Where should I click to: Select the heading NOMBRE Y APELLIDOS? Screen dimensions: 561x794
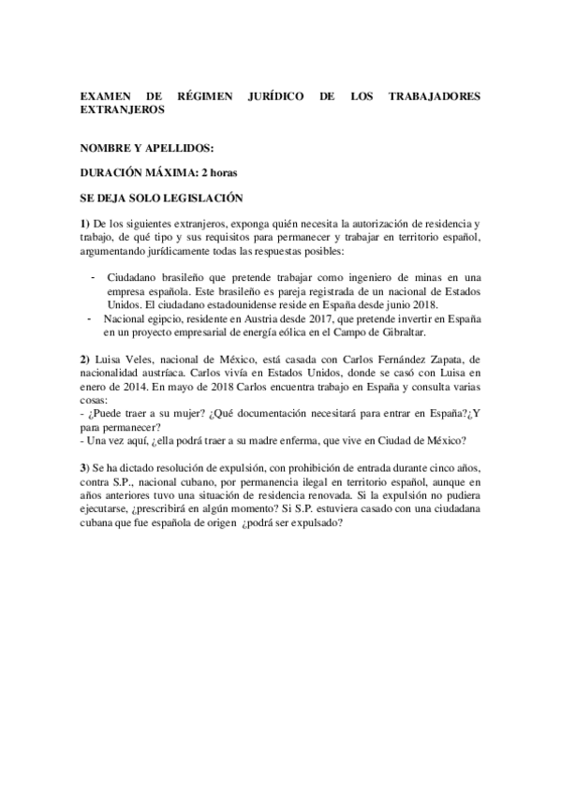pyautogui.click(x=147, y=148)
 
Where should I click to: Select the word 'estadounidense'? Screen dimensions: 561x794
pyautogui.click(x=250, y=305)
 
